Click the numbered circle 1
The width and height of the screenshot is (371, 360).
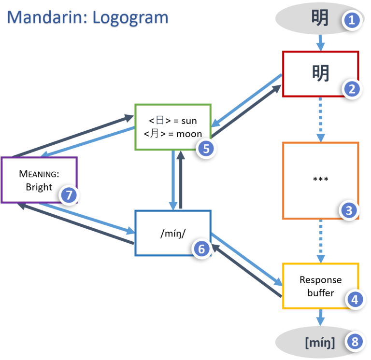point(352,21)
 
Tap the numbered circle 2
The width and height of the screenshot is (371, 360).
point(352,89)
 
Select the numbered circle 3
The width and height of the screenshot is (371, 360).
point(349,210)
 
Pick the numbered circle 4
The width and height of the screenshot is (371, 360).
point(354,300)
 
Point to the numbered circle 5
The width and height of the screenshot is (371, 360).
point(206,149)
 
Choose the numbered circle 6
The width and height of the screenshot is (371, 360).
point(201,249)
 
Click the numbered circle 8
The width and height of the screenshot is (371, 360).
point(355,343)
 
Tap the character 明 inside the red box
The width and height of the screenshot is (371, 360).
point(320,73)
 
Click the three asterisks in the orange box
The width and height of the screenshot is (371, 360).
point(320,180)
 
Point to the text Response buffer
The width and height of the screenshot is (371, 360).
point(320,286)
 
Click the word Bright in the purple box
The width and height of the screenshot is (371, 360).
point(39,187)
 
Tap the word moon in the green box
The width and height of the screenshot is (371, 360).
point(189,134)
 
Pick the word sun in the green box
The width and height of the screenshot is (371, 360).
point(189,121)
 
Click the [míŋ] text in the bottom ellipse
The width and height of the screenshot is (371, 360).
point(320,343)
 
